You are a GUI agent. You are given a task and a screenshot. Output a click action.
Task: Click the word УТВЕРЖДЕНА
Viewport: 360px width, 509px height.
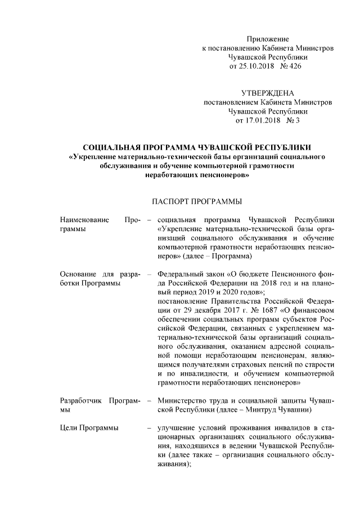tap(267, 93)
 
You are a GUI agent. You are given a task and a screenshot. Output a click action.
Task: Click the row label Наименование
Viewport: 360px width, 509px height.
tap(84, 219)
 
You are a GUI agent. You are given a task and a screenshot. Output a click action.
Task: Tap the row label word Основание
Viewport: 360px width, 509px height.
tap(78, 274)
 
